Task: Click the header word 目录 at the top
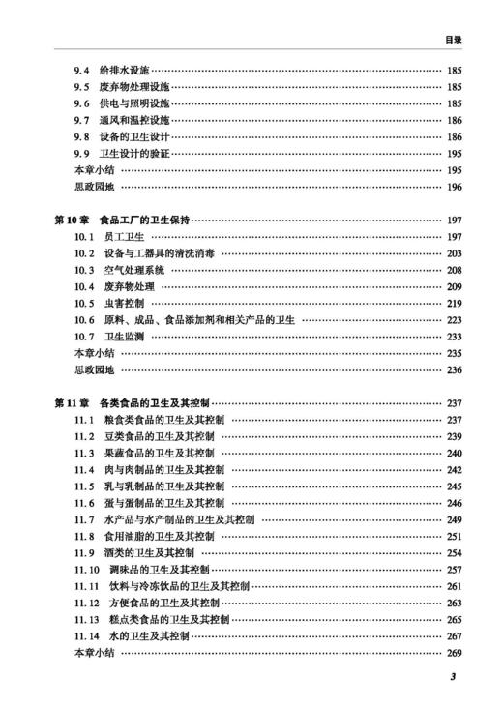[453, 40]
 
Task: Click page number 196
[455, 187]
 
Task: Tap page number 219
[455, 303]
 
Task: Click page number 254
[455, 552]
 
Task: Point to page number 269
[455, 653]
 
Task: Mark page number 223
[455, 319]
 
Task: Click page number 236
[455, 369]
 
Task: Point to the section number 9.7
[82, 121]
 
